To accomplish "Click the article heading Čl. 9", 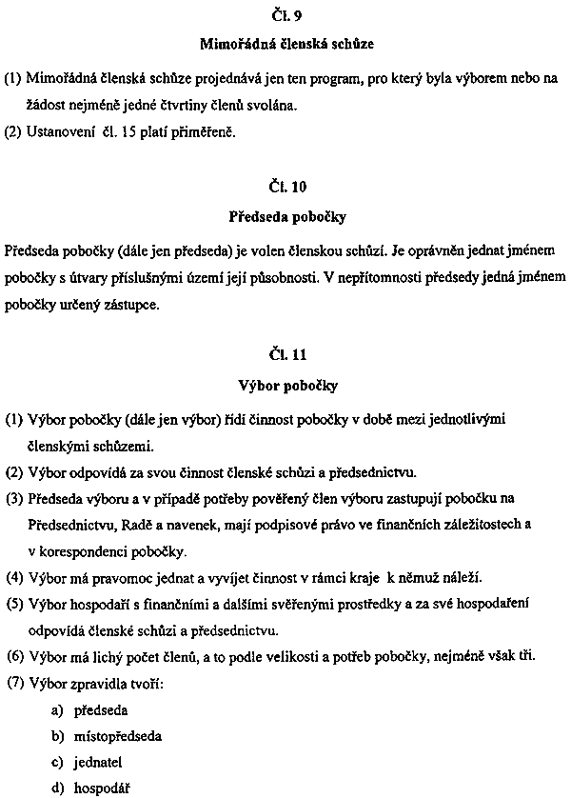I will pos(286,15).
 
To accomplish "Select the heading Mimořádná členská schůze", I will pos(285,44).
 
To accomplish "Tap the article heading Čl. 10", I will pos(286,187).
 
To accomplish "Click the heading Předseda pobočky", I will pos(286,216).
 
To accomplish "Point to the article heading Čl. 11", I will pos(286,356).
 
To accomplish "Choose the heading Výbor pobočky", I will pos(286,386).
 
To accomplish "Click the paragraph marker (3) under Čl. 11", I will pos(14,498).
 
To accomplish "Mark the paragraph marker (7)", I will pos(14,683).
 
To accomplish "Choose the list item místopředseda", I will pos(117,736).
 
